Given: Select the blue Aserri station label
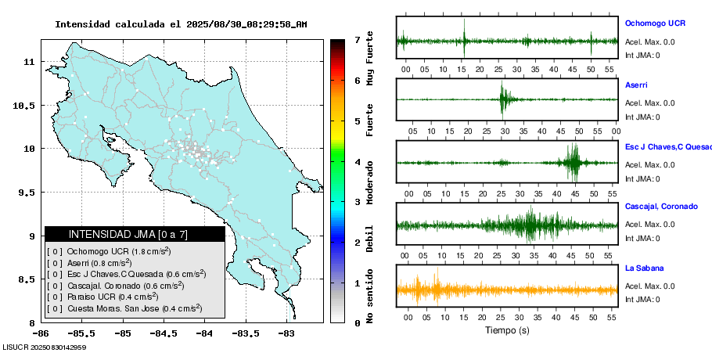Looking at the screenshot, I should click(x=636, y=85).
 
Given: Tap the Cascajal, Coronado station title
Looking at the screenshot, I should click(x=661, y=207).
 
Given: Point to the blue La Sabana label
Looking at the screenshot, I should click(x=643, y=268).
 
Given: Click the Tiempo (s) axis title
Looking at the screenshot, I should click(x=507, y=330).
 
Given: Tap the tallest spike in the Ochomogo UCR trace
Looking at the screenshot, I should click(x=464, y=38).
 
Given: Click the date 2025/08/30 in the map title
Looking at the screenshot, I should click(x=213, y=24).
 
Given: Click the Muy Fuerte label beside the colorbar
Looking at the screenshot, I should click(x=370, y=59).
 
